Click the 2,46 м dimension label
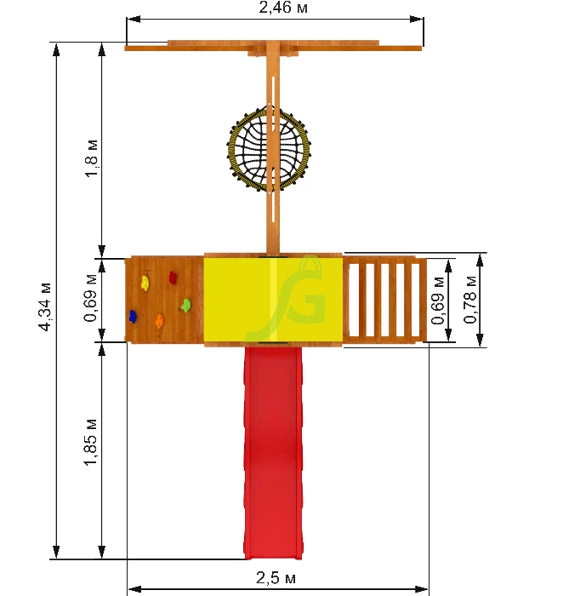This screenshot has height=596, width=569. pyautogui.click(x=282, y=8)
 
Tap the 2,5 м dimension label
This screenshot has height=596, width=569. pyautogui.click(x=276, y=578)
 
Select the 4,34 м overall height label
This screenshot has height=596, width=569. pyautogui.click(x=45, y=307)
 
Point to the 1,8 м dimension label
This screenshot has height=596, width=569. pyautogui.click(x=92, y=158)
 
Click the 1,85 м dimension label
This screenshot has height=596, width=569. pyautogui.click(x=91, y=443)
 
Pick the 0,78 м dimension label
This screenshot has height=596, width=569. pyautogui.click(x=470, y=300)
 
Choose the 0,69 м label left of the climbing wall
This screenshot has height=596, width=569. pyautogui.click(x=90, y=298)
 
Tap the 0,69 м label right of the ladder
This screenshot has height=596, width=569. pyautogui.click(x=438, y=301)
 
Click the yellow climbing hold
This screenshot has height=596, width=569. pyautogui.click(x=145, y=284)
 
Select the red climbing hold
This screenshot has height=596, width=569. pyautogui.click(x=173, y=278)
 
